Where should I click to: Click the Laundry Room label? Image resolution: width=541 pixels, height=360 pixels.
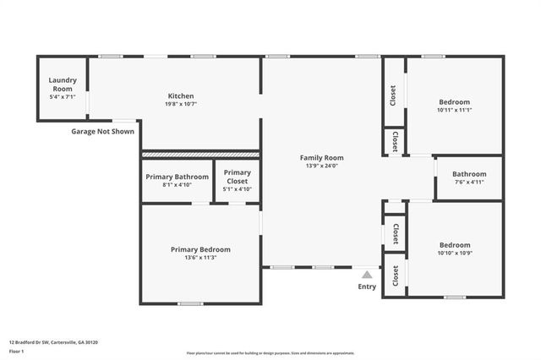click(63, 84)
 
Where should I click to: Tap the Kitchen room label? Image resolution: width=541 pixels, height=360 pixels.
click(181, 95)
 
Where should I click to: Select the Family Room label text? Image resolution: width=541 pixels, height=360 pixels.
click(322, 157)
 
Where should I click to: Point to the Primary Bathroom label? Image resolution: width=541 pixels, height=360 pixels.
click(177, 177)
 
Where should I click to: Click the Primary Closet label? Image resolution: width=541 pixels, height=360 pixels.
click(237, 177)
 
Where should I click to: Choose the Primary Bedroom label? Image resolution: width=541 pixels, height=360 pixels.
click(200, 249)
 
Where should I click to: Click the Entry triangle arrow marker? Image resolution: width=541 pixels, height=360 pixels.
click(367, 274)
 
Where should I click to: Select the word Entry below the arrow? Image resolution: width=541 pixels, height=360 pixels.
click(367, 286)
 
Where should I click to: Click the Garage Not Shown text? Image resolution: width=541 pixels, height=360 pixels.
click(102, 131)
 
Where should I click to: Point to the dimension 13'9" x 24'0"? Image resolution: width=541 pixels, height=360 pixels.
click(322, 166)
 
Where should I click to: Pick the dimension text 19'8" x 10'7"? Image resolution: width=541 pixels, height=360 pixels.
click(181, 105)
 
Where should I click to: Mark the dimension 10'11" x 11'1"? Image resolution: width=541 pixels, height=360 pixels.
click(454, 110)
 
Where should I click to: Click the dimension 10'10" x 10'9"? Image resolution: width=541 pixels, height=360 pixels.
click(454, 253)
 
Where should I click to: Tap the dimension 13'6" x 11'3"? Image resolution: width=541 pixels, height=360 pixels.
click(200, 258)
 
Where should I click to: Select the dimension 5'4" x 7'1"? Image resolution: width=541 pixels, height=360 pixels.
click(63, 96)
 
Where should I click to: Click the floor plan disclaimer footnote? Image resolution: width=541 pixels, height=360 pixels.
click(270, 353)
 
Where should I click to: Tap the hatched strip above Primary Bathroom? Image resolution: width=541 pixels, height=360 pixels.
click(200, 155)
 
